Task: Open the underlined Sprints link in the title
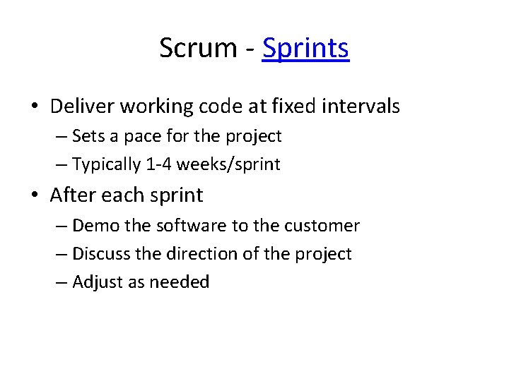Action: coord(305,49)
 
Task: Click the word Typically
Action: coord(107,164)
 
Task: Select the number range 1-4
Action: coord(160,164)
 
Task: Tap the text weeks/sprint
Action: coord(228,165)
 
